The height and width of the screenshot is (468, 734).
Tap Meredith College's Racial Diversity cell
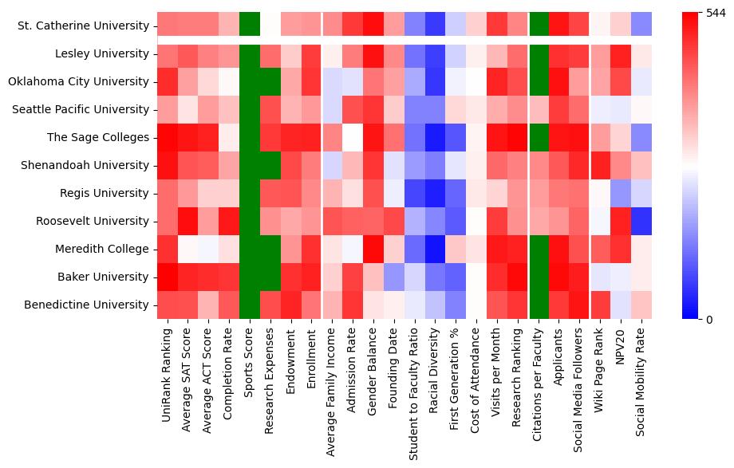436,250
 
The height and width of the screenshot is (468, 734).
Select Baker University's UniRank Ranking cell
168,277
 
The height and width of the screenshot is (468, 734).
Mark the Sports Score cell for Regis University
250,194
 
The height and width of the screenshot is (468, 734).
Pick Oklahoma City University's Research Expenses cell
270,82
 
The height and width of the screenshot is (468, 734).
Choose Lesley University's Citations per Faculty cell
539,54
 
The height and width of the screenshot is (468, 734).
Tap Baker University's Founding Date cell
394,277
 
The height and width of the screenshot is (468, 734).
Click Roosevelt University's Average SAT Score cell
188,222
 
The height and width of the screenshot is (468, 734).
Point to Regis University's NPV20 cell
622,194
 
